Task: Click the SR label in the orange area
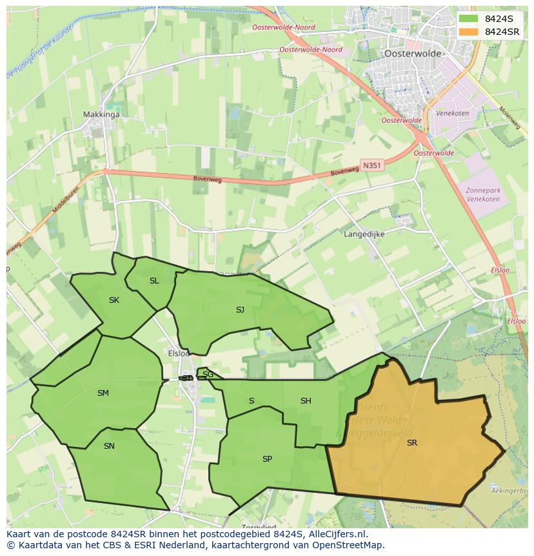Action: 411,443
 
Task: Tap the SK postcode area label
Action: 114,300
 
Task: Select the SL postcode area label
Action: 154,281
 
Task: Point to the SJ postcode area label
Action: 240,310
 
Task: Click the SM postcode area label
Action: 103,393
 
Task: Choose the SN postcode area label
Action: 109,446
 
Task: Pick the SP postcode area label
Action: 267,459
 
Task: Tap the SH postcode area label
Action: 306,401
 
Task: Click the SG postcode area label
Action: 208,375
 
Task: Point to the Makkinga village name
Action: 101,115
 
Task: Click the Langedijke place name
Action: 364,235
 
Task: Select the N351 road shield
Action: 371,165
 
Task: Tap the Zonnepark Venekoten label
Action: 482,194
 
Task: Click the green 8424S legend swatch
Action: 469,19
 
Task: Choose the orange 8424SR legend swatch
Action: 469,32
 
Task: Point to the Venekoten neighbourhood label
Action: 452,114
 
